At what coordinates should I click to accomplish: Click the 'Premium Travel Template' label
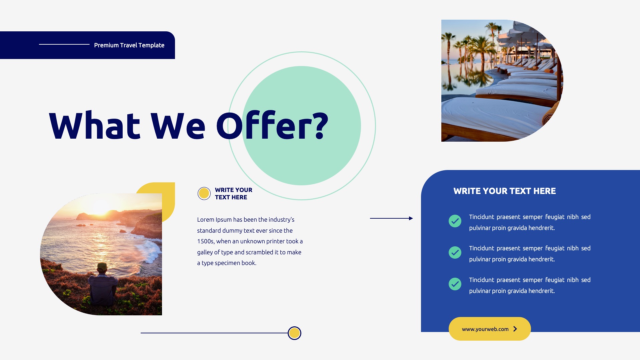click(129, 45)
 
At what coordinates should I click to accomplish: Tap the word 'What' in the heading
click(95, 126)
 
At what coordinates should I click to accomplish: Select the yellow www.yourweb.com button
click(485, 329)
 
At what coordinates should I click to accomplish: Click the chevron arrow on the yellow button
click(515, 329)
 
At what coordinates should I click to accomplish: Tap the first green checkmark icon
click(455, 221)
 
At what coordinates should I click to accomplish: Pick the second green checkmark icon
click(455, 252)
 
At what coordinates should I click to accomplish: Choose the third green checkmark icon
click(455, 284)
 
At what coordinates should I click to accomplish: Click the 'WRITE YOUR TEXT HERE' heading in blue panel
click(504, 191)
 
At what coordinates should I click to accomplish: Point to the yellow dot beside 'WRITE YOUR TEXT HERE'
click(204, 193)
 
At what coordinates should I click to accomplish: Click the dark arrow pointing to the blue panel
click(391, 218)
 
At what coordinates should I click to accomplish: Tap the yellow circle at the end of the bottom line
click(294, 333)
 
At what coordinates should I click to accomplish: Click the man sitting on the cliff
click(102, 285)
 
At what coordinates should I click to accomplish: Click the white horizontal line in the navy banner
click(64, 44)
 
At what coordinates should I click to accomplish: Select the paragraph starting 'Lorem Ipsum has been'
click(250, 241)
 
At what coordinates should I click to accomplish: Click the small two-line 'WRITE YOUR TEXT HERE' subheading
click(233, 194)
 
